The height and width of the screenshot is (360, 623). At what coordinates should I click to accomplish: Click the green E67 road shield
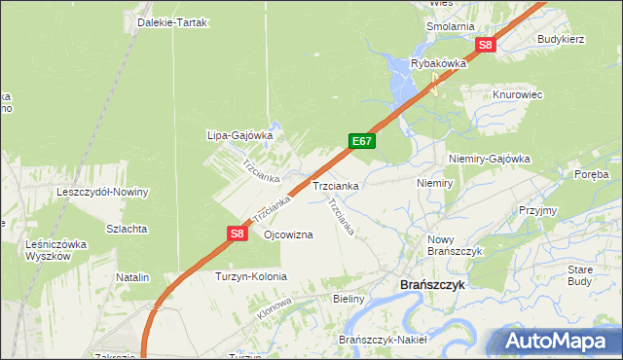362,142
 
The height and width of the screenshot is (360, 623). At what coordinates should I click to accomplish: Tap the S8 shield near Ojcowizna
237,234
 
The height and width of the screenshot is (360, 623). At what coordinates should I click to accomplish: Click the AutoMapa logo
555,342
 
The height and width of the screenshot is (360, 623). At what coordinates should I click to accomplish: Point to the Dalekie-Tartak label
173,22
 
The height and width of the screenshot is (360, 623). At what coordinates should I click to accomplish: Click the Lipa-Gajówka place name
238,135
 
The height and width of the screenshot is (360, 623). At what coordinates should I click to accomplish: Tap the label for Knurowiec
517,94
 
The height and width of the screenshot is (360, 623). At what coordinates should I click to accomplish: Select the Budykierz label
560,39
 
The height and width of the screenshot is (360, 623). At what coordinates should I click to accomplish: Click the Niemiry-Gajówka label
489,158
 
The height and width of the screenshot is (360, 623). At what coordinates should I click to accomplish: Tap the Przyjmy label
537,210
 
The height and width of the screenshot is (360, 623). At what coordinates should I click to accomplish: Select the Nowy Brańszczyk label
456,244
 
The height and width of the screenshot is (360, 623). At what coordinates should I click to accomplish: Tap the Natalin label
132,277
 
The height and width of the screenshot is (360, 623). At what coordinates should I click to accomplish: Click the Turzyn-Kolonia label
251,276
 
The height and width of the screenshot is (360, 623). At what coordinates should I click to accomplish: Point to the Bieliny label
348,299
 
